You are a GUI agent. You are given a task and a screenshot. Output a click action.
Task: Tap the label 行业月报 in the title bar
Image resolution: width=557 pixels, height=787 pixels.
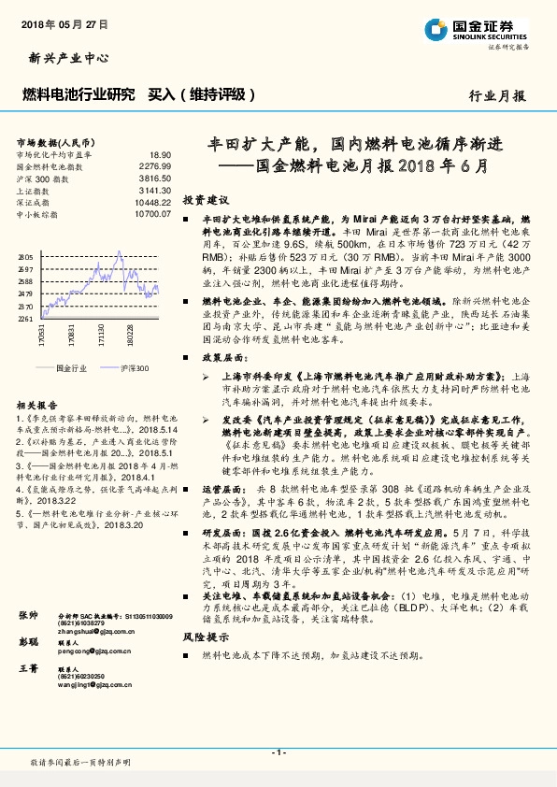(x=497, y=95)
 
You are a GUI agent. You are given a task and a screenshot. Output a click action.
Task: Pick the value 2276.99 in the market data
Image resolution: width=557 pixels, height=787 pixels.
(x=156, y=165)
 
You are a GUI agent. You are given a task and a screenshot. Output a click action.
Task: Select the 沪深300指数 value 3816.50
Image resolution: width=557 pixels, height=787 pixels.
(x=156, y=177)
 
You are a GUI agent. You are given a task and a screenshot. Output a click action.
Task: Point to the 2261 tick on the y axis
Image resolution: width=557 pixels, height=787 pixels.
(x=25, y=319)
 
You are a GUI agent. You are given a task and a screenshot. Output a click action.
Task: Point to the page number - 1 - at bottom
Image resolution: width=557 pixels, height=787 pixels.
(x=278, y=751)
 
